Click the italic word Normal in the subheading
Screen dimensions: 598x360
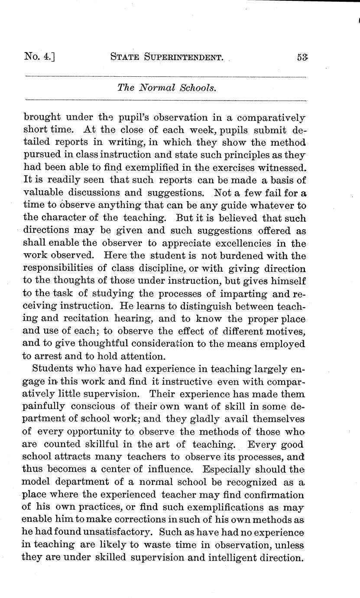coord(161,88)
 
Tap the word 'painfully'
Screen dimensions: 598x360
coord(43,407)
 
